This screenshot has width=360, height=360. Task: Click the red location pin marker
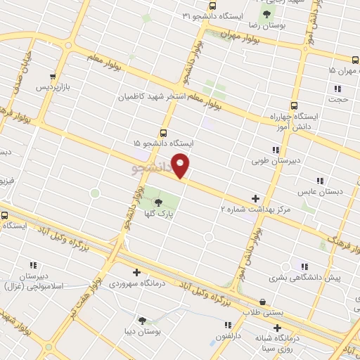click(x=181, y=166)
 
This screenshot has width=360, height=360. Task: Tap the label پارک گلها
click(x=159, y=214)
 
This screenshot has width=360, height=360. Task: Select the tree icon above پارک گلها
click(x=157, y=203)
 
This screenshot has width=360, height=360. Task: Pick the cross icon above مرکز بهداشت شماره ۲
click(x=255, y=199)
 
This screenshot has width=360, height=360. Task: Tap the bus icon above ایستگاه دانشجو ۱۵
click(x=164, y=132)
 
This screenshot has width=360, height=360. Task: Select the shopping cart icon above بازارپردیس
click(x=53, y=77)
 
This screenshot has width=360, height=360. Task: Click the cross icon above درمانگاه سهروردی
click(x=136, y=273)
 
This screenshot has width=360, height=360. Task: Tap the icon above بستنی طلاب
click(x=263, y=300)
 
